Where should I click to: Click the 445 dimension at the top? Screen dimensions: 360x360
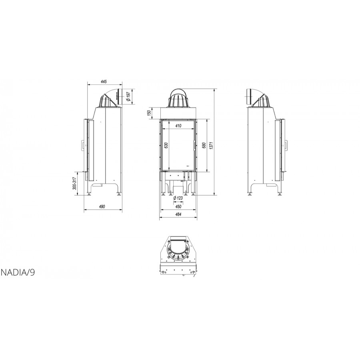click(x=104, y=82)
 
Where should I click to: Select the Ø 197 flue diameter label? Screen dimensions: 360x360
click(x=128, y=97)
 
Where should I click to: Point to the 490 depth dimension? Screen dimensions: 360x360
click(x=102, y=207)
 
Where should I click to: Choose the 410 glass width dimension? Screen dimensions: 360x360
click(x=178, y=126)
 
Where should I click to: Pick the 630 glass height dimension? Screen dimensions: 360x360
click(x=166, y=145)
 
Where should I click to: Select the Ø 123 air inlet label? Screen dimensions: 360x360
click(x=178, y=198)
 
